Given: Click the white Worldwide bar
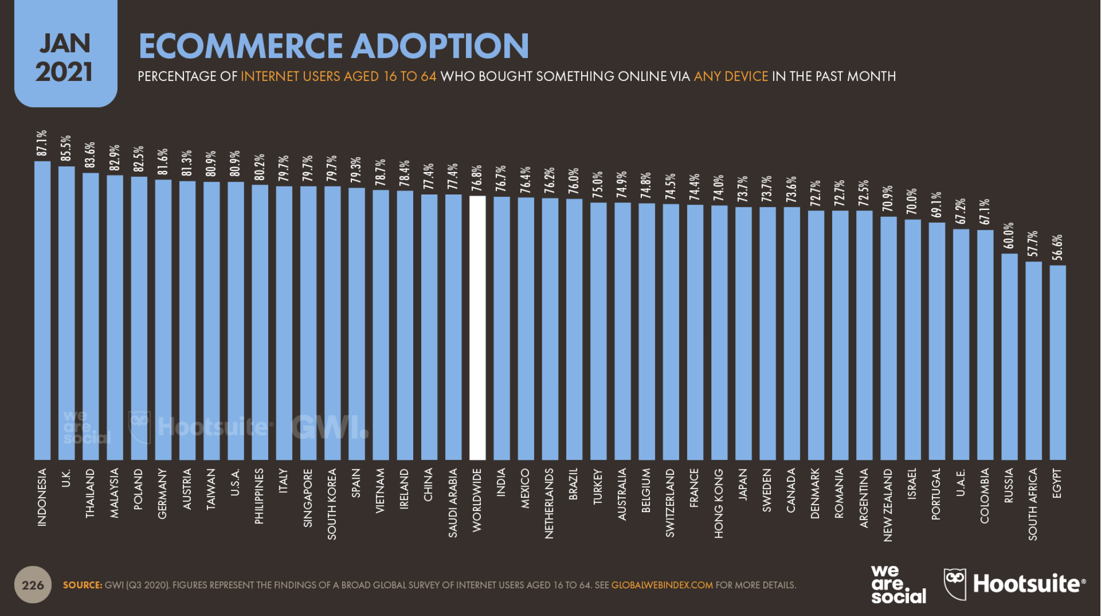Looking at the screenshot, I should click(477, 328).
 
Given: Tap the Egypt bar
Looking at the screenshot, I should click(1058, 362).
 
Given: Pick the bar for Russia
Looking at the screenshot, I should click(1009, 356).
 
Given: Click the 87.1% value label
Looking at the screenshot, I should click(42, 143).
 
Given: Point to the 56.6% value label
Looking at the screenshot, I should click(1058, 247).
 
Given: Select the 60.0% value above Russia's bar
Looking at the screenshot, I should click(1009, 236).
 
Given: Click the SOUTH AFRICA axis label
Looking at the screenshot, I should click(1033, 504).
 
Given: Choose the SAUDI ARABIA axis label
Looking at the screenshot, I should click(453, 502).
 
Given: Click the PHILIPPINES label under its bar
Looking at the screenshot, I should click(260, 496).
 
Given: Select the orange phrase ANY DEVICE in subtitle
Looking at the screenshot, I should click(730, 76).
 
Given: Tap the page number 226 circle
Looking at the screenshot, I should click(33, 585).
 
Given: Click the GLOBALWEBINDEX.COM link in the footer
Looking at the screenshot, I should click(662, 585).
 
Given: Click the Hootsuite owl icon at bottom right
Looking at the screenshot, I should click(955, 584).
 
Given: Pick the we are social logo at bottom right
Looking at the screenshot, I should click(898, 585).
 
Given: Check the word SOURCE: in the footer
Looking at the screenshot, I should click(82, 585).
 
